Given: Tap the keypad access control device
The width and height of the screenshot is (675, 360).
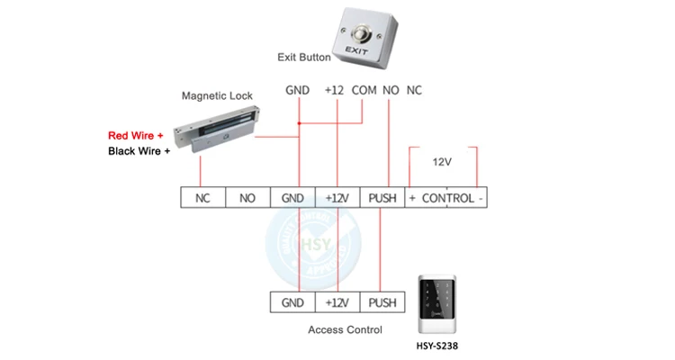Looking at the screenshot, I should pyautogui.click(x=439, y=305).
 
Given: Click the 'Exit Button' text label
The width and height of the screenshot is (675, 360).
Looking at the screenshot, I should pyautogui.click(x=303, y=58).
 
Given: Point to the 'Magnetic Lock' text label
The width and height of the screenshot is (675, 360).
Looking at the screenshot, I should pyautogui.click(x=217, y=95).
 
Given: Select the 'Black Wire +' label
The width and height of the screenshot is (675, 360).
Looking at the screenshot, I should pyautogui.click(x=139, y=151).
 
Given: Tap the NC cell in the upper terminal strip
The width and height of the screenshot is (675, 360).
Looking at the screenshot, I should pyautogui.click(x=202, y=198).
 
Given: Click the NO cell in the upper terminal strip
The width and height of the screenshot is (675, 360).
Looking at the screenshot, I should pyautogui.click(x=247, y=198).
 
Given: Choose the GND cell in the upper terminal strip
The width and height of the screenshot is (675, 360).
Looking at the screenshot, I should pyautogui.click(x=292, y=198).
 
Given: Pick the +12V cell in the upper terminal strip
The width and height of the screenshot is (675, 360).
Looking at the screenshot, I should pyautogui.click(x=337, y=198).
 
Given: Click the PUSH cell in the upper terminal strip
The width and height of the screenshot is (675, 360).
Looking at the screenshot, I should pyautogui.click(x=382, y=198).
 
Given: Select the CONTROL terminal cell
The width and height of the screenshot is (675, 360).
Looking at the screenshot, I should pyautogui.click(x=446, y=198).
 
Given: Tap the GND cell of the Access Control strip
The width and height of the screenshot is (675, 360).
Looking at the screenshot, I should pyautogui.click(x=292, y=303).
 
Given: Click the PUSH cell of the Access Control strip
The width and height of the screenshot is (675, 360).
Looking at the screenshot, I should pyautogui.click(x=382, y=303).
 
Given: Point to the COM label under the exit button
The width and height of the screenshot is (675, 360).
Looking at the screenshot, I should pyautogui.click(x=364, y=90).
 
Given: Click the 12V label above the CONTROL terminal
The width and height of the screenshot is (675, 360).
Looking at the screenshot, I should pyautogui.click(x=441, y=163).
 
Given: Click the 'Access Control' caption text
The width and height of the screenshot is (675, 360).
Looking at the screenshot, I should pyautogui.click(x=345, y=329).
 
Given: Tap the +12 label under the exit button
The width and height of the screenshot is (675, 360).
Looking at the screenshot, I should pyautogui.click(x=335, y=90).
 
